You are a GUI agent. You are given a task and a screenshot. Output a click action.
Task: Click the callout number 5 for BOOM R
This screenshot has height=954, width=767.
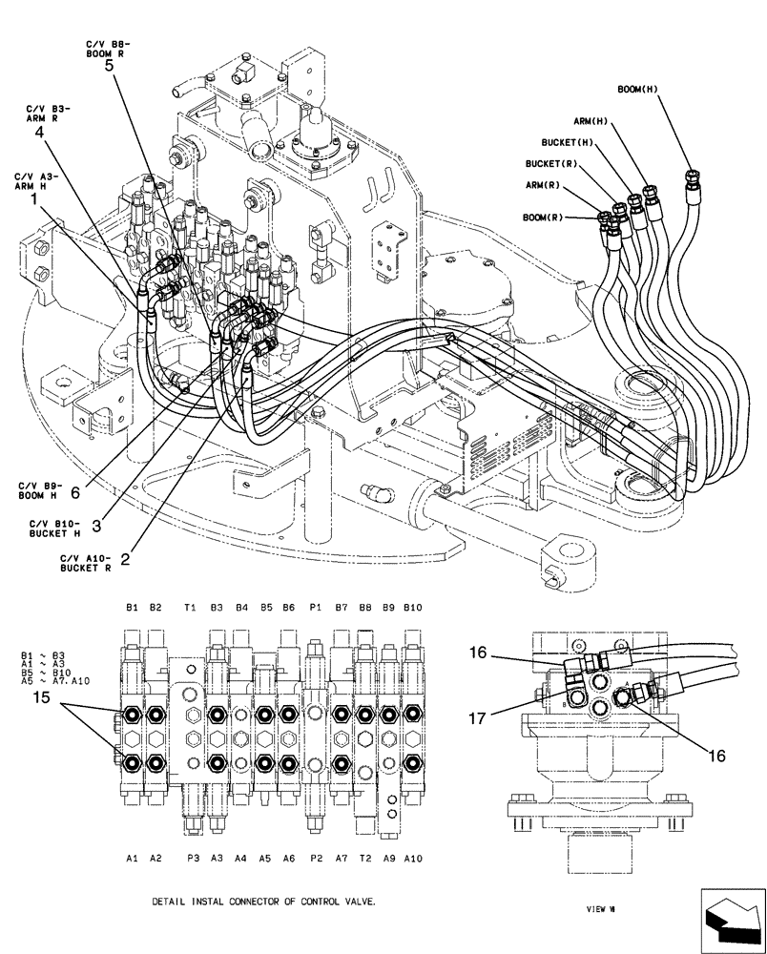coord(108,66)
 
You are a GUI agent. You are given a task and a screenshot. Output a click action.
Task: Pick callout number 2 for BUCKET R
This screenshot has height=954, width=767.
coord(125,550)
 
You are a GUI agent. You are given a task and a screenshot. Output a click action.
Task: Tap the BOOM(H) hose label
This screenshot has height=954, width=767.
coord(638,89)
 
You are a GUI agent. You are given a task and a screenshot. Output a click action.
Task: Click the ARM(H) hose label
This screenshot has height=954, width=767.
coord(591,121)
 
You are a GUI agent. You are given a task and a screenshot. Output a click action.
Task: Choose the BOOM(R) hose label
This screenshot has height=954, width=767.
coord(543,218)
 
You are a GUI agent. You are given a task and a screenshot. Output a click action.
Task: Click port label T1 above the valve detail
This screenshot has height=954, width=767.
coord(191,608)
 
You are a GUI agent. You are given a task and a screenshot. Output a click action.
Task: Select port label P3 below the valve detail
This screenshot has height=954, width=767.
coord(193,858)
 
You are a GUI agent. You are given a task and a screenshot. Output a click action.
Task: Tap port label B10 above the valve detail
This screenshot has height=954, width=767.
coord(412,608)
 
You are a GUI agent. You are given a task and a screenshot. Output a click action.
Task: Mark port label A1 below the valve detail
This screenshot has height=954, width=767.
coord(132,858)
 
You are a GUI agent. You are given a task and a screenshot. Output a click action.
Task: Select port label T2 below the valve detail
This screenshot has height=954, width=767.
coord(365,858)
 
